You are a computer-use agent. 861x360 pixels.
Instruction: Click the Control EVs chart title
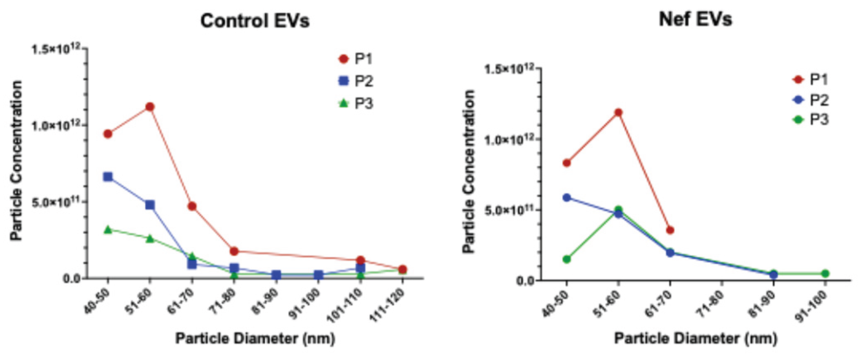point(255,21)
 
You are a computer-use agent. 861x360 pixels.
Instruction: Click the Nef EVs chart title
point(695,19)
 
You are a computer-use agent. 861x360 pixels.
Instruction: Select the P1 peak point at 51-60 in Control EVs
point(150,106)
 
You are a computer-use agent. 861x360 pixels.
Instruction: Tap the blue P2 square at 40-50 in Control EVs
point(108,177)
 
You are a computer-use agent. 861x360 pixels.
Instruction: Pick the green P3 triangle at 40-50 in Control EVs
point(108,229)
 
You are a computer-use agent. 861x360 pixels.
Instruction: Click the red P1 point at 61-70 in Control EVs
point(192,206)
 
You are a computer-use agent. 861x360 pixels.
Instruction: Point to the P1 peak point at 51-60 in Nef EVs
point(618,112)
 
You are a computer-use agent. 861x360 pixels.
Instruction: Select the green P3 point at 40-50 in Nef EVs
point(567,259)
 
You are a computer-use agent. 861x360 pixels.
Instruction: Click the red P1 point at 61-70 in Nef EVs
point(670,230)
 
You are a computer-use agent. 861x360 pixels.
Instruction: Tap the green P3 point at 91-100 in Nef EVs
point(825,273)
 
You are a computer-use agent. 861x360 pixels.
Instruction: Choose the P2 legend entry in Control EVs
point(356,81)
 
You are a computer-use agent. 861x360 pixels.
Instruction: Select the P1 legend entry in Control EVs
point(356,58)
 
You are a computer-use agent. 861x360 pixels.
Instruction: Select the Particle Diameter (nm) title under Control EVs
point(255,338)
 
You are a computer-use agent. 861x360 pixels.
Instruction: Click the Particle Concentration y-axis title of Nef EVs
point(469,171)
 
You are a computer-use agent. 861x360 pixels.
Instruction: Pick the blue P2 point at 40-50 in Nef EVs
point(567,198)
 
